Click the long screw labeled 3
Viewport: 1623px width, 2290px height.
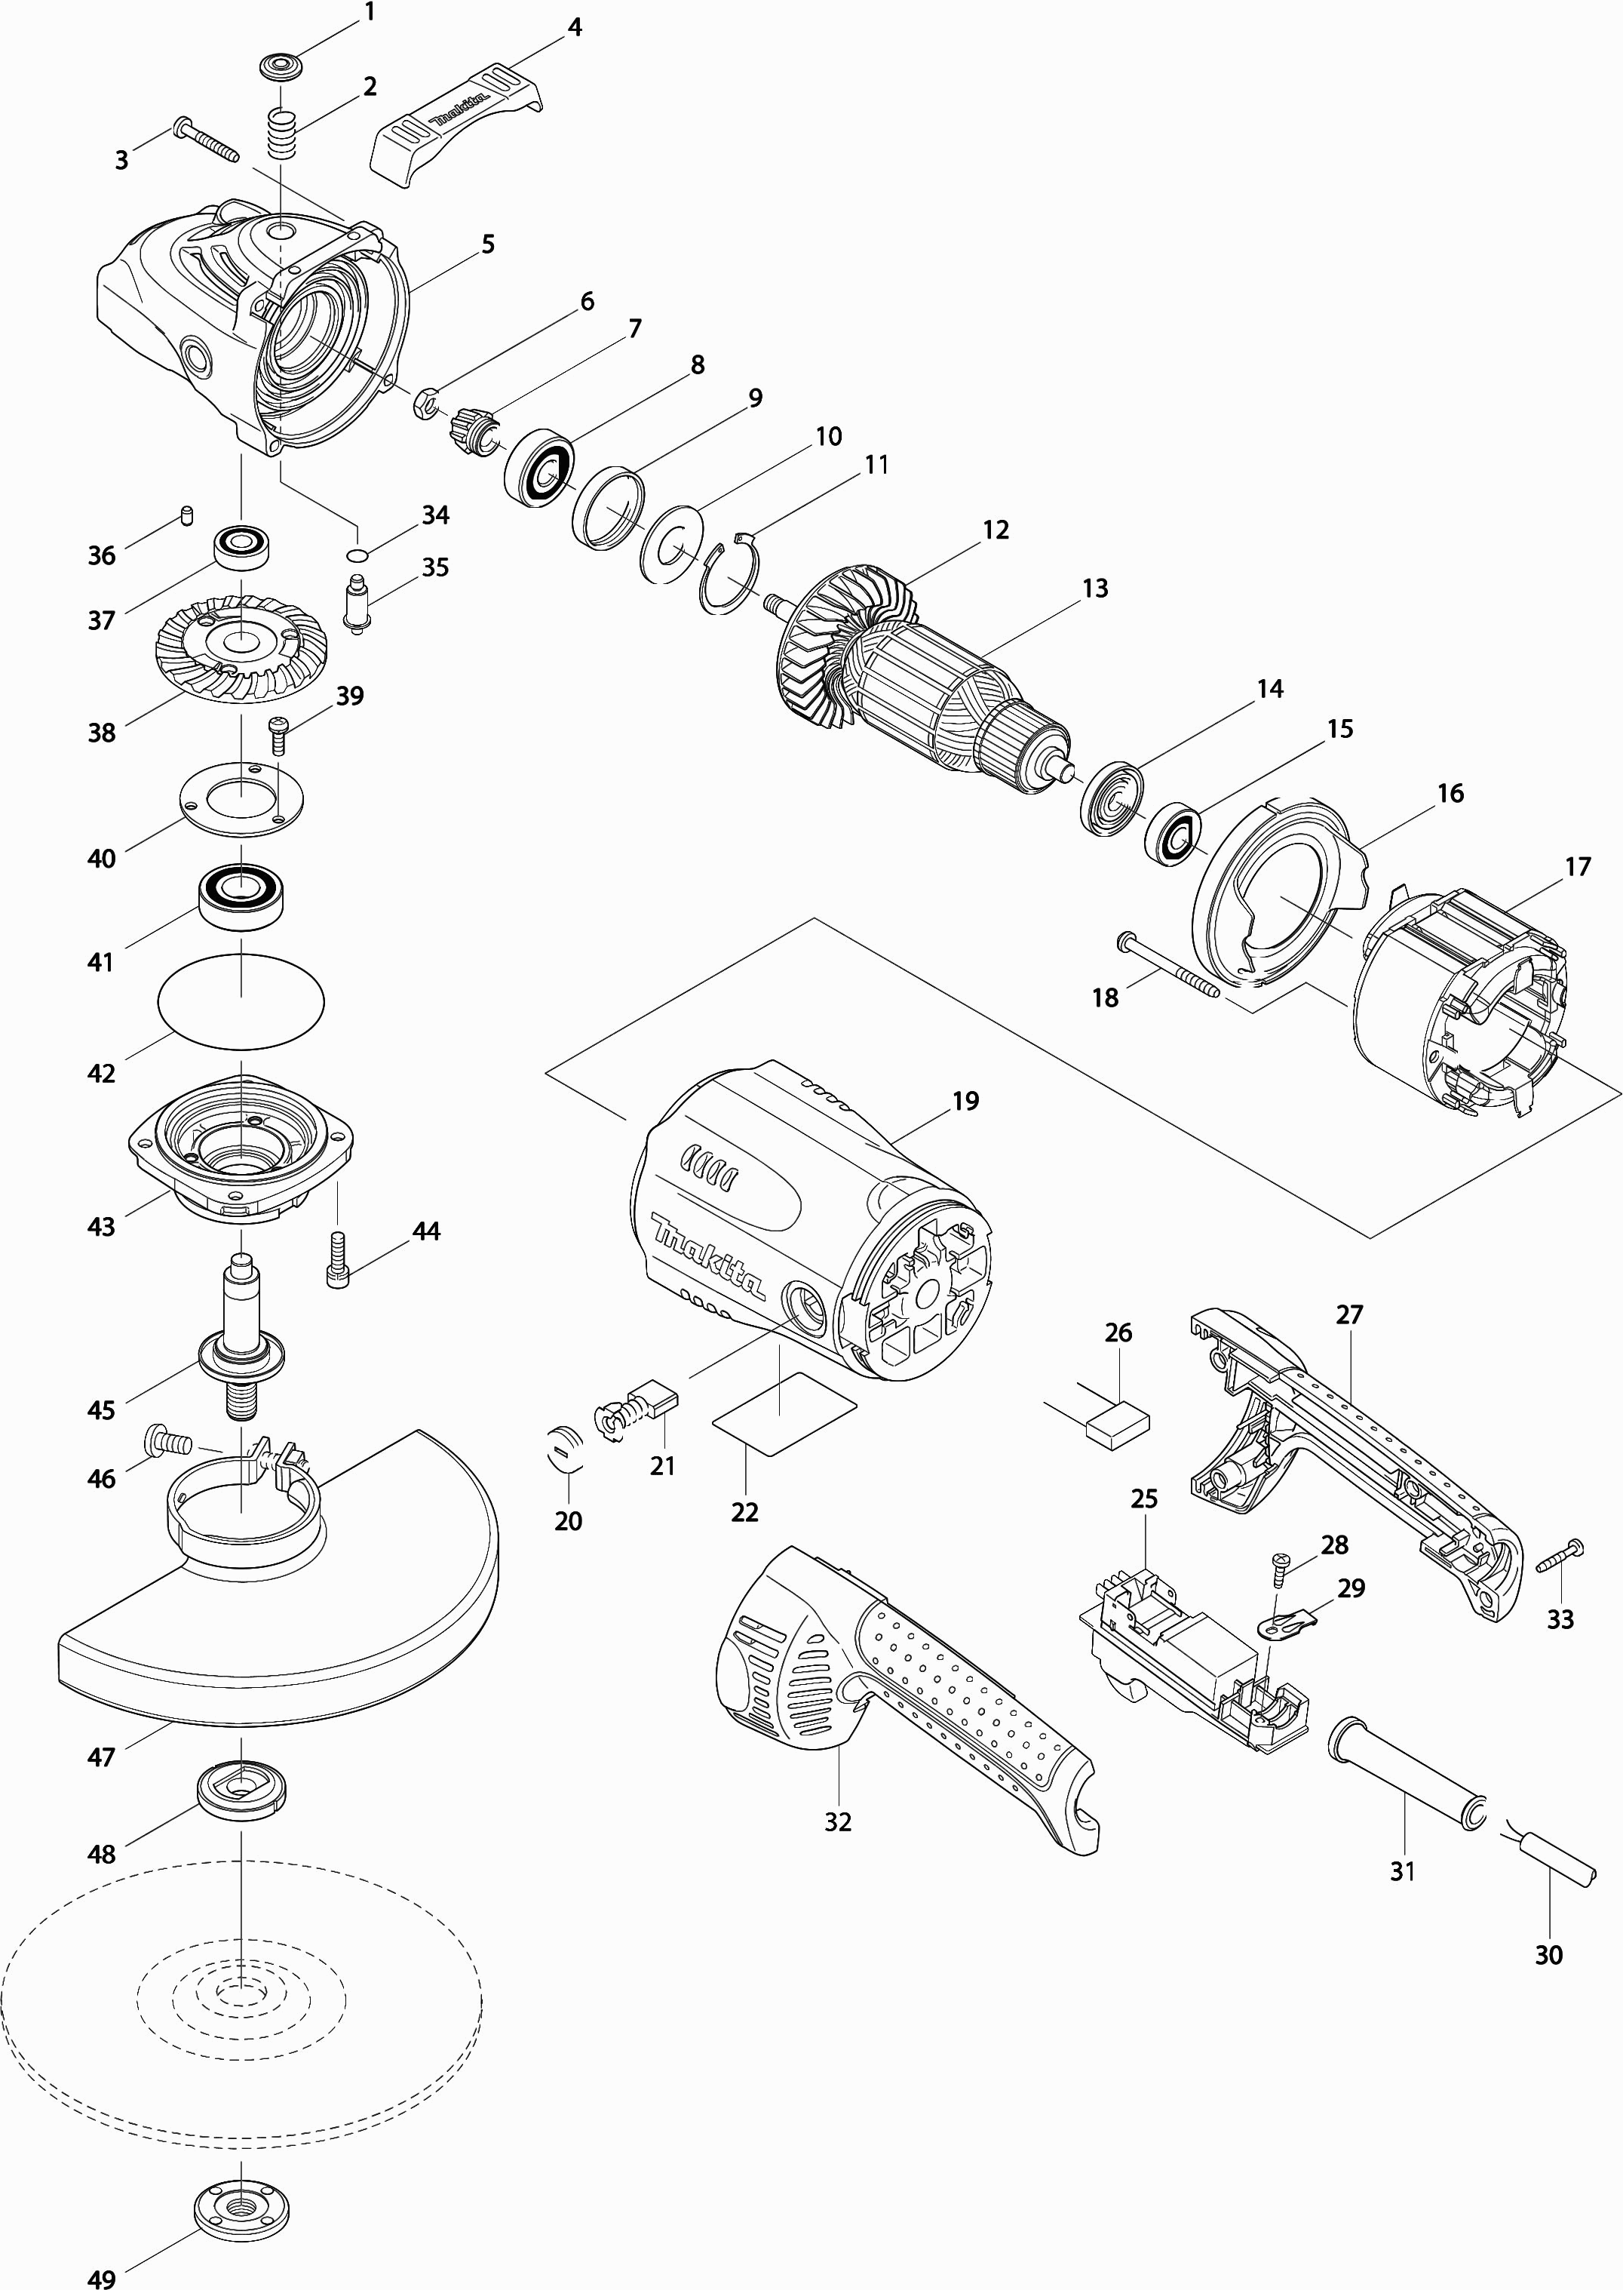pyautogui.click(x=206, y=140)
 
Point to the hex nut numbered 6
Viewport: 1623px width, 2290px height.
pyautogui.click(x=424, y=404)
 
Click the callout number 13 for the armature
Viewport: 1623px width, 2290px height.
pyautogui.click(x=1095, y=588)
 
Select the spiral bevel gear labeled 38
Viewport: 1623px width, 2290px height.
pyautogui.click(x=241, y=646)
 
